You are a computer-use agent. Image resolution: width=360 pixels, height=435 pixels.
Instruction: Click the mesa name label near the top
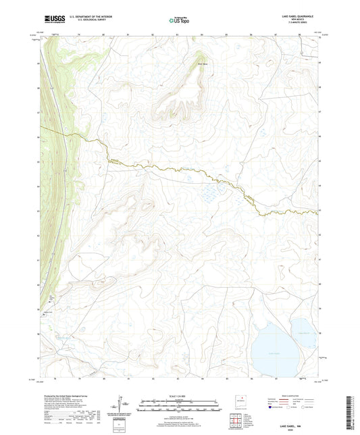point(182,66)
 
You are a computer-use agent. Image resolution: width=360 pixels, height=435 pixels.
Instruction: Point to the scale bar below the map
point(179,405)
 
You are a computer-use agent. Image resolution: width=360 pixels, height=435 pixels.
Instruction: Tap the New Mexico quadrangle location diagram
point(239,401)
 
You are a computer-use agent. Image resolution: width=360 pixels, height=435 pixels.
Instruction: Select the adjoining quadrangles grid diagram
point(237,420)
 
